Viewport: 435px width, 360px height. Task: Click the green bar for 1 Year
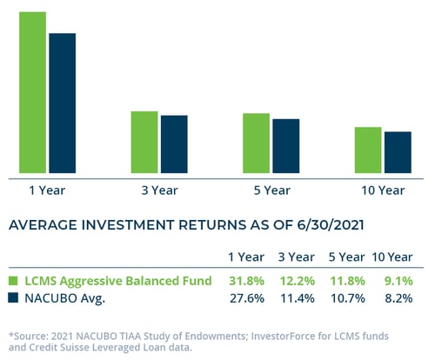click(32, 92)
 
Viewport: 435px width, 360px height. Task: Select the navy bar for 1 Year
click(63, 103)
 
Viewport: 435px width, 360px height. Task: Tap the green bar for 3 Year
click(144, 143)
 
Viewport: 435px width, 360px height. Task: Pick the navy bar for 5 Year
click(286, 146)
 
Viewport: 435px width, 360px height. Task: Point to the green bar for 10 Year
click(368, 150)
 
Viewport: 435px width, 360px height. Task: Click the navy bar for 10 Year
click(398, 152)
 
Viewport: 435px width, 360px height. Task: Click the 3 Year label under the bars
click(159, 190)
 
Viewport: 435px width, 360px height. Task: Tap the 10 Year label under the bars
click(383, 190)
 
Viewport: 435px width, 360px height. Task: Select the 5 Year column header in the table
click(346, 257)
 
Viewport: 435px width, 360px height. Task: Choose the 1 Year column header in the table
click(246, 257)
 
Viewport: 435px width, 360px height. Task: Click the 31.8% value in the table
click(247, 281)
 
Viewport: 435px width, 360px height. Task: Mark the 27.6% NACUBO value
click(247, 298)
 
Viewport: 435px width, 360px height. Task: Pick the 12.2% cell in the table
click(298, 281)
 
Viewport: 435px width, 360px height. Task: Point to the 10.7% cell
click(348, 298)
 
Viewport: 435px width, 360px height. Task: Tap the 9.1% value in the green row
click(398, 281)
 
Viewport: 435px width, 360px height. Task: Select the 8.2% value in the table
click(398, 298)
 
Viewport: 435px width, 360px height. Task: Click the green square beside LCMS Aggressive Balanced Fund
click(13, 281)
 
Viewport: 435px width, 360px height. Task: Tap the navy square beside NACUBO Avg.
click(13, 297)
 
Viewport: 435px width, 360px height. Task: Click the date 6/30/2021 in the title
click(331, 225)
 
